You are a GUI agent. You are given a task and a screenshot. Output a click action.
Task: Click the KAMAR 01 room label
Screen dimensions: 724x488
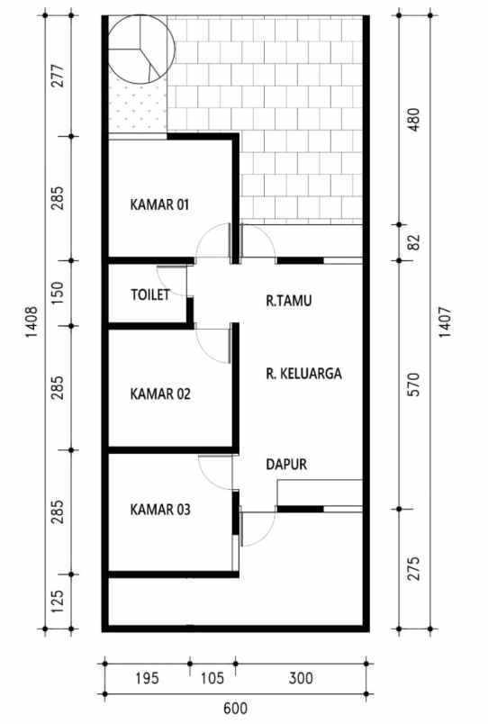pyautogui.click(x=159, y=204)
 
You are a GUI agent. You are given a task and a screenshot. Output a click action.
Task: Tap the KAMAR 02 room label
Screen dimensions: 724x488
pyautogui.click(x=159, y=394)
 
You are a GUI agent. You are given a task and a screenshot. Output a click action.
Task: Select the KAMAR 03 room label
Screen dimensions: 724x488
pyautogui.click(x=159, y=510)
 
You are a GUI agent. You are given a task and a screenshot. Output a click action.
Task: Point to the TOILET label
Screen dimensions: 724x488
pyautogui.click(x=149, y=294)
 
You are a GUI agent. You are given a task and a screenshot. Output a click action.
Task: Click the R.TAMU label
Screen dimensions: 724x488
pyautogui.click(x=288, y=302)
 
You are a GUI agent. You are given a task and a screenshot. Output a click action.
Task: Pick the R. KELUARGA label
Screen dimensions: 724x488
pyautogui.click(x=303, y=373)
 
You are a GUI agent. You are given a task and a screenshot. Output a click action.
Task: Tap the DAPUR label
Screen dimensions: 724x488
pyautogui.click(x=287, y=466)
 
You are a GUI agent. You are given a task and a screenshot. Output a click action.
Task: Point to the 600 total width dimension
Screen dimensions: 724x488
pyautogui.click(x=235, y=710)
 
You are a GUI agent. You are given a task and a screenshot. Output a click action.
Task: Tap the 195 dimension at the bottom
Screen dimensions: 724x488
pyautogui.click(x=146, y=677)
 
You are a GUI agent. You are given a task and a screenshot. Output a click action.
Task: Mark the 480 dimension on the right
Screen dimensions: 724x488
pyautogui.click(x=414, y=122)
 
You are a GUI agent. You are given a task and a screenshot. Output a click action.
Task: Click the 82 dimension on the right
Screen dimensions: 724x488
pyautogui.click(x=414, y=242)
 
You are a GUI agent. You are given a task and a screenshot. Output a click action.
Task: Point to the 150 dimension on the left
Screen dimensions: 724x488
pyautogui.click(x=58, y=294)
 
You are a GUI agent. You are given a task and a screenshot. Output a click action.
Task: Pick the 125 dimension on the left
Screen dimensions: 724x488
pyautogui.click(x=58, y=602)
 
